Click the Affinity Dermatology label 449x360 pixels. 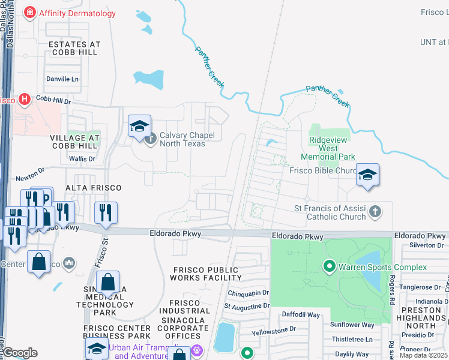(76, 13)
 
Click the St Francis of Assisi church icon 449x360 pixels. (375, 211)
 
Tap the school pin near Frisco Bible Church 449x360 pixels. (367, 175)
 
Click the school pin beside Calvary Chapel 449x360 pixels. (139, 127)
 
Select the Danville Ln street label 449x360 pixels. (62, 79)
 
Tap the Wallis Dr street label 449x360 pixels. (82, 159)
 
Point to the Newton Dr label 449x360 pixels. (30, 173)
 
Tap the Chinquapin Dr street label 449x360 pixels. (249, 293)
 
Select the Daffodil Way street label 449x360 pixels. (301, 314)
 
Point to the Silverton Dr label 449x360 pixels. (426, 245)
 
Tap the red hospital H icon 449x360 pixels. (25, 99)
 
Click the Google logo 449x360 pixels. (20, 353)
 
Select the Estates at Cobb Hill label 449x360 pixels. (75, 49)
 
